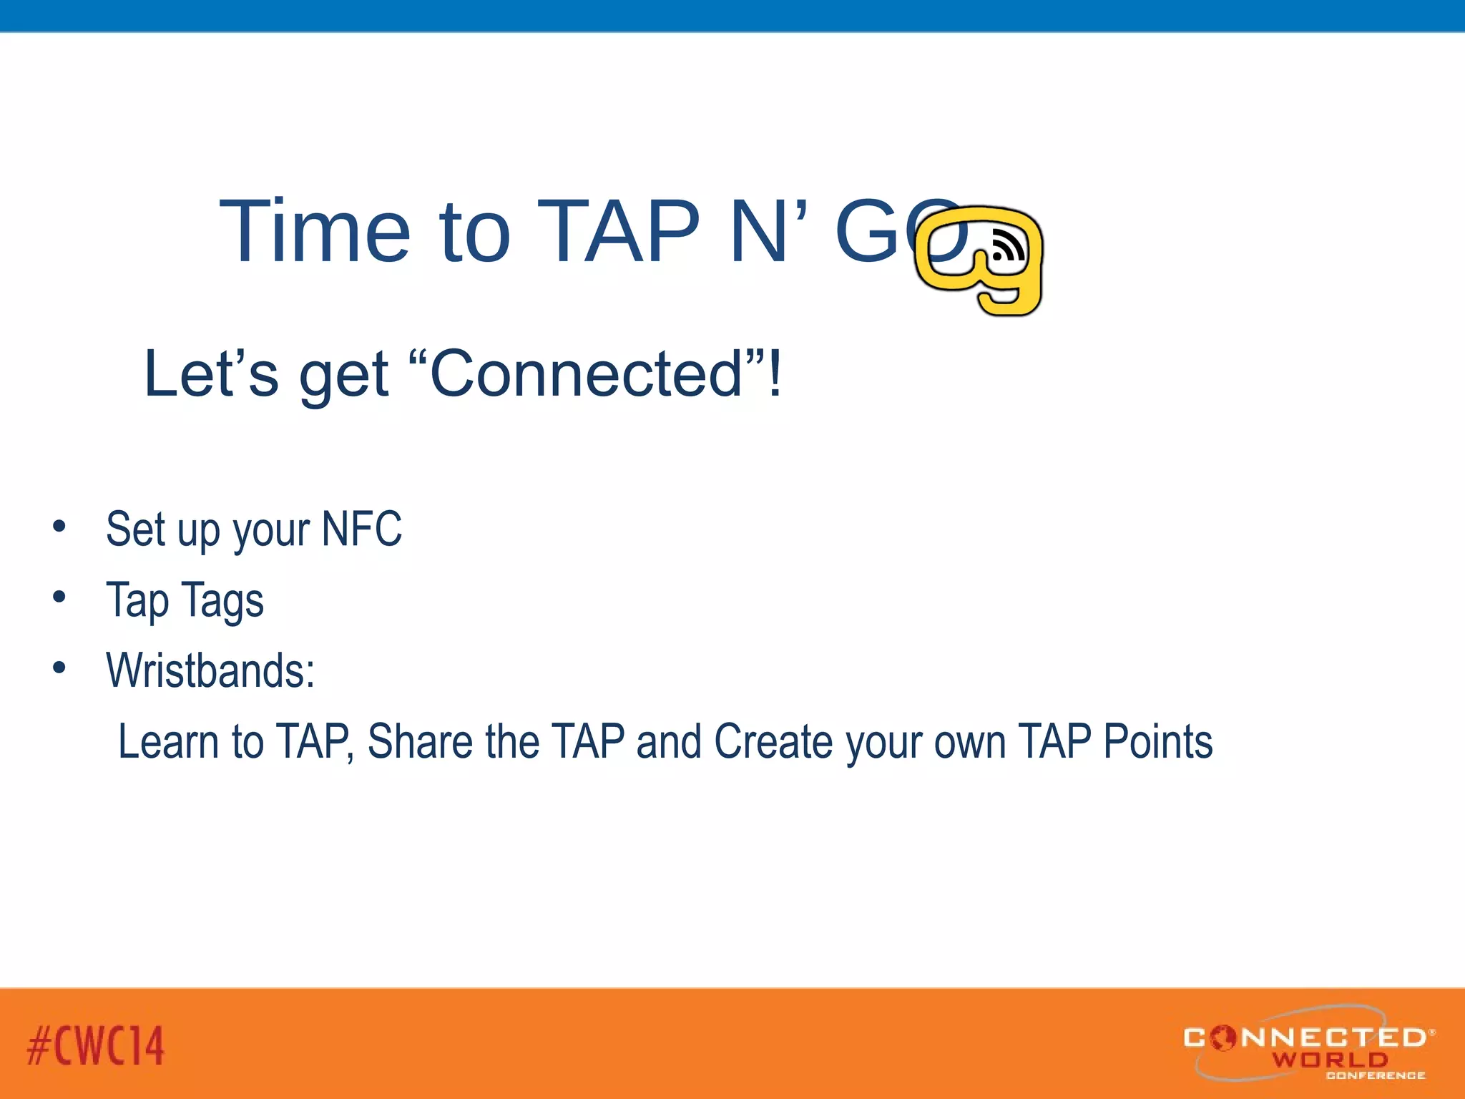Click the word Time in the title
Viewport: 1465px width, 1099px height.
[315, 232]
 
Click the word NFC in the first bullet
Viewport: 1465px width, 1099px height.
[362, 529]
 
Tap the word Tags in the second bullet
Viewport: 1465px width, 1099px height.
[222, 601]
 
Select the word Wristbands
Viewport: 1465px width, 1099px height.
[210, 671]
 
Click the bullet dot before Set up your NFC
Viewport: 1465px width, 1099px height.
[59, 527]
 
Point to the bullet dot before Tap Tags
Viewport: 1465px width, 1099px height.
[59, 597]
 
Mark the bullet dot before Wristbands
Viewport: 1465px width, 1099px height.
[59, 668]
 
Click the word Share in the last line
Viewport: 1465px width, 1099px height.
[420, 741]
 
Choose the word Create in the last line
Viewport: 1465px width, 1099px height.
[774, 741]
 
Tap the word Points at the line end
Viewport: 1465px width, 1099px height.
[1157, 741]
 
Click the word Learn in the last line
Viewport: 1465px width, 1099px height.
[169, 741]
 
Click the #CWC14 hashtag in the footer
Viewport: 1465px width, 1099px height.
[96, 1045]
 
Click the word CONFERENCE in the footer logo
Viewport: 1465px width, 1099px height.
[1375, 1075]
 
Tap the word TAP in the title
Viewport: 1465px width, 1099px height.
[618, 232]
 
